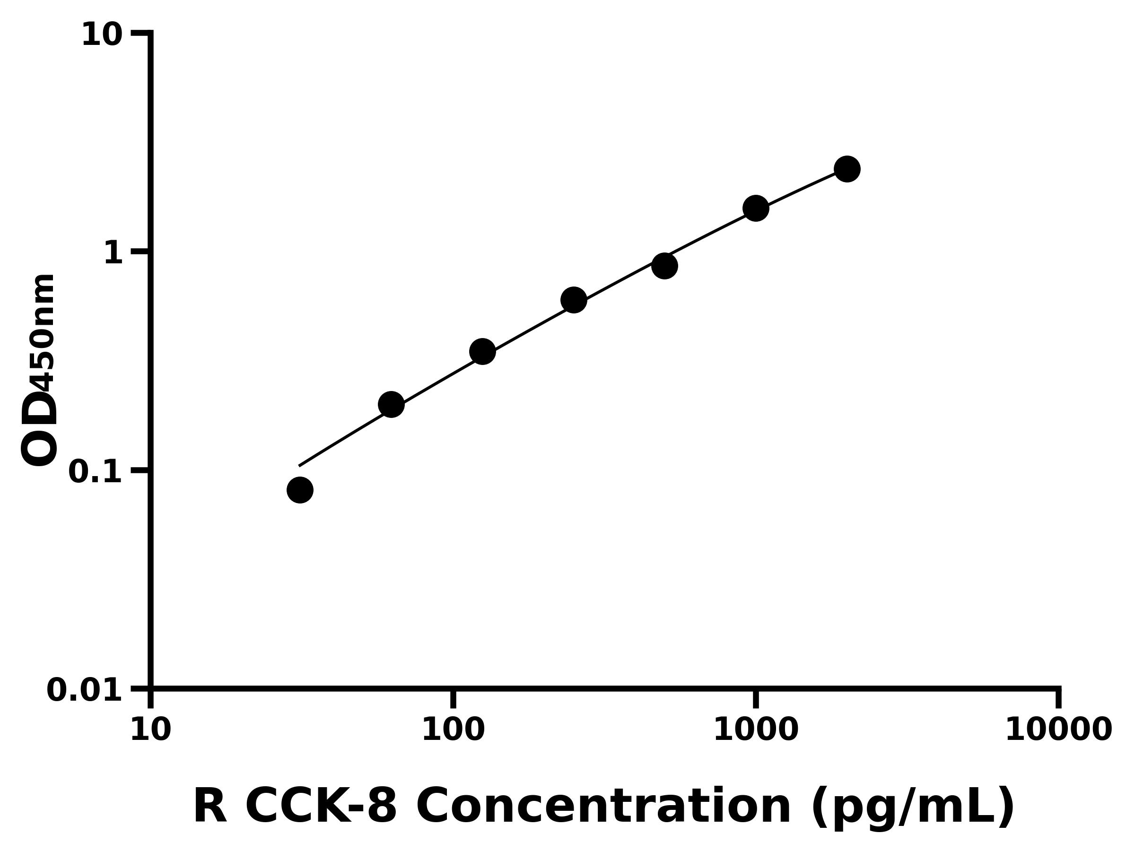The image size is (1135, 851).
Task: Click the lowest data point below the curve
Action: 300,490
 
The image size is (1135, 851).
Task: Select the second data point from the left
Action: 391,404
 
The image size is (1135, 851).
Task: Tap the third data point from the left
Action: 482,351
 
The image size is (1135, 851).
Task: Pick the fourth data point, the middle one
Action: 574,300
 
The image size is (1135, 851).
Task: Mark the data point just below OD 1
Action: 664,266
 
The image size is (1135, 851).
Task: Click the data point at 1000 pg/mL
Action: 756,208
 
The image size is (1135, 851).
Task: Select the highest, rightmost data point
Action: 847,169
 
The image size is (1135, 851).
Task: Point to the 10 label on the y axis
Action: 102,36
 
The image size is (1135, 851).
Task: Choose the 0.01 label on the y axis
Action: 84,690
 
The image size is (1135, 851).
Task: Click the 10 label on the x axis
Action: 150,730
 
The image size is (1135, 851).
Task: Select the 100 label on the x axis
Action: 453,730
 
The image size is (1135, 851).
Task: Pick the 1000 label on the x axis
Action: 756,730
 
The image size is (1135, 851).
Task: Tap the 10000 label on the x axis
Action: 1058,730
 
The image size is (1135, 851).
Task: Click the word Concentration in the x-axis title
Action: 603,807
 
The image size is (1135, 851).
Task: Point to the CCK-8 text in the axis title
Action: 321,807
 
